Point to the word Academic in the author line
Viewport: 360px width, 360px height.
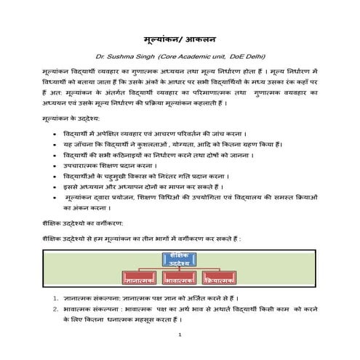[193, 56]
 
